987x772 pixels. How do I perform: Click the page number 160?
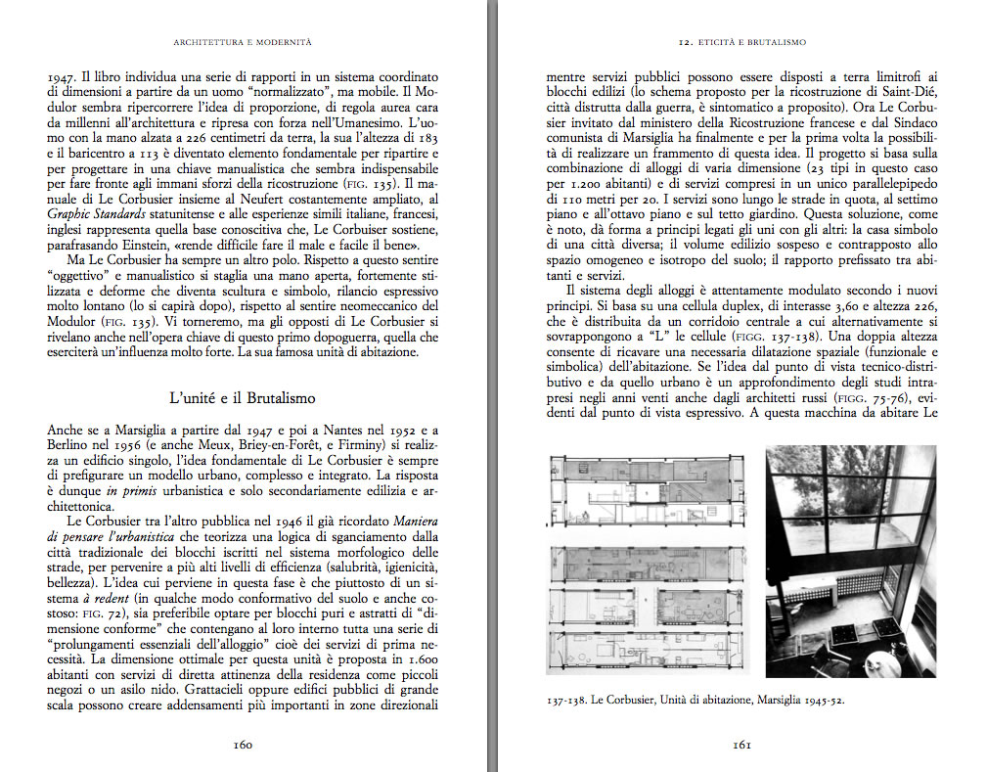(243, 745)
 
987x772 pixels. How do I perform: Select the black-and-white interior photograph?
(850, 563)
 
